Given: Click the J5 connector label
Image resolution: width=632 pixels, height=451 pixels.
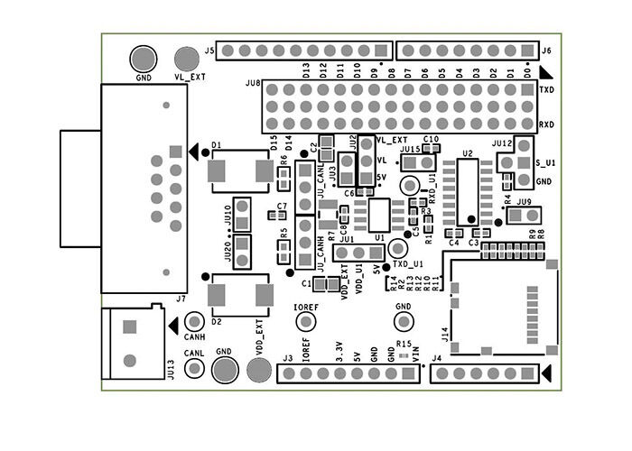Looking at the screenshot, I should point(209,51).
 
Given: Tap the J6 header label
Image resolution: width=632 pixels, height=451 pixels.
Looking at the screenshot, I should point(547,51).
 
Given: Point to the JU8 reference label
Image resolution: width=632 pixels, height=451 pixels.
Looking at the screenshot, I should point(253,84).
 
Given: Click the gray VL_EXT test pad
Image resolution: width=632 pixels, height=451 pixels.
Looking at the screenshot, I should point(188,60).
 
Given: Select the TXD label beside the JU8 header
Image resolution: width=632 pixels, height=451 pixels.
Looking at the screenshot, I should point(546,91).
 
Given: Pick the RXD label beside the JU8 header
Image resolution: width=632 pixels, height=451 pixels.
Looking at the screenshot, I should point(546,124).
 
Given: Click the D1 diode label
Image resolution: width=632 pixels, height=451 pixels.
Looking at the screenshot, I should point(217,144).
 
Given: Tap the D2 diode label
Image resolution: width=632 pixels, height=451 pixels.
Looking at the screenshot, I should point(217,321).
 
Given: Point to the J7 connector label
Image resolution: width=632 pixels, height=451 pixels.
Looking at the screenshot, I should point(181,299).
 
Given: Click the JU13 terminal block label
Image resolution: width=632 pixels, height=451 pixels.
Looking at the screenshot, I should point(172,369).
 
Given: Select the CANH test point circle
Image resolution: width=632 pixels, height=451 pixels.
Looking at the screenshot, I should point(193,322).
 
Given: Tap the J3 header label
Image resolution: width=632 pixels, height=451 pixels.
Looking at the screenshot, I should point(287,359).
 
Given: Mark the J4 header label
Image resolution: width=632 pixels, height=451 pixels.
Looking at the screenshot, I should point(437,359).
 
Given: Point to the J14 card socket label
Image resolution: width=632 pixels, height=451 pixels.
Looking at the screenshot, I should point(443,335).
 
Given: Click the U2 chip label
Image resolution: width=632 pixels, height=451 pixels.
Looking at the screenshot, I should point(467,154).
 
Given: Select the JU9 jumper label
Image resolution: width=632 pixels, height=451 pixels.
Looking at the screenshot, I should point(524,203).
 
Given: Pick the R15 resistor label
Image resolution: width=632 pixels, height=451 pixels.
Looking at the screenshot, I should point(404,345).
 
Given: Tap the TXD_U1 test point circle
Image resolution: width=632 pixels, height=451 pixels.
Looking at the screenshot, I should point(399,248).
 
